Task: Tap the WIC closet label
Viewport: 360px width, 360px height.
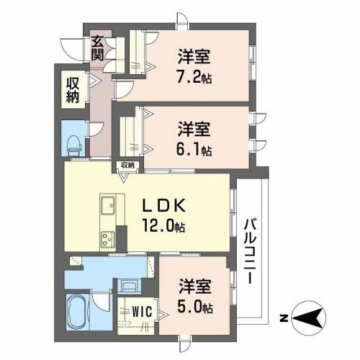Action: [140, 311]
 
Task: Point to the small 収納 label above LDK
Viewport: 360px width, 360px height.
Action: [128, 166]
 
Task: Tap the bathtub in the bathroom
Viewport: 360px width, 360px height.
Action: [77, 312]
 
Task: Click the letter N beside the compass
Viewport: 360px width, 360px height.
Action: [284, 317]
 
